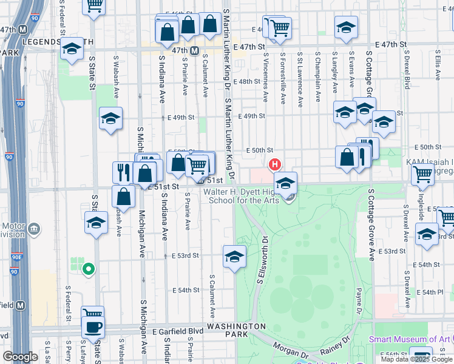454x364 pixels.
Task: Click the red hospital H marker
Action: coord(275,164)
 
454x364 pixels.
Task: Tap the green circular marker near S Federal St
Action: coord(89,269)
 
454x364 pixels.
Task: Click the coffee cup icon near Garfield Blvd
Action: coord(93,328)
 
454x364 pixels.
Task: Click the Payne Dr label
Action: coord(358,302)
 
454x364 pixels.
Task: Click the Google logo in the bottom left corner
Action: coord(20,357)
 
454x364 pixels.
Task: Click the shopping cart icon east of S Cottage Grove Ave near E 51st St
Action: coord(422,174)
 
